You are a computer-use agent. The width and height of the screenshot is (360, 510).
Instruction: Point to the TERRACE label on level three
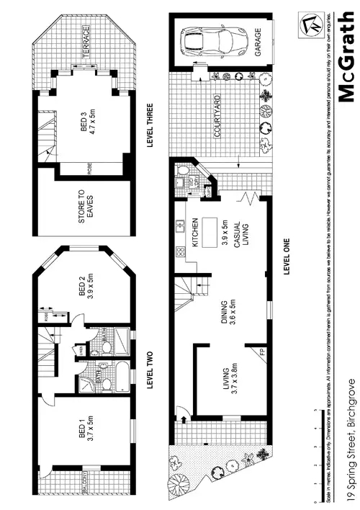click(x=86, y=37)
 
